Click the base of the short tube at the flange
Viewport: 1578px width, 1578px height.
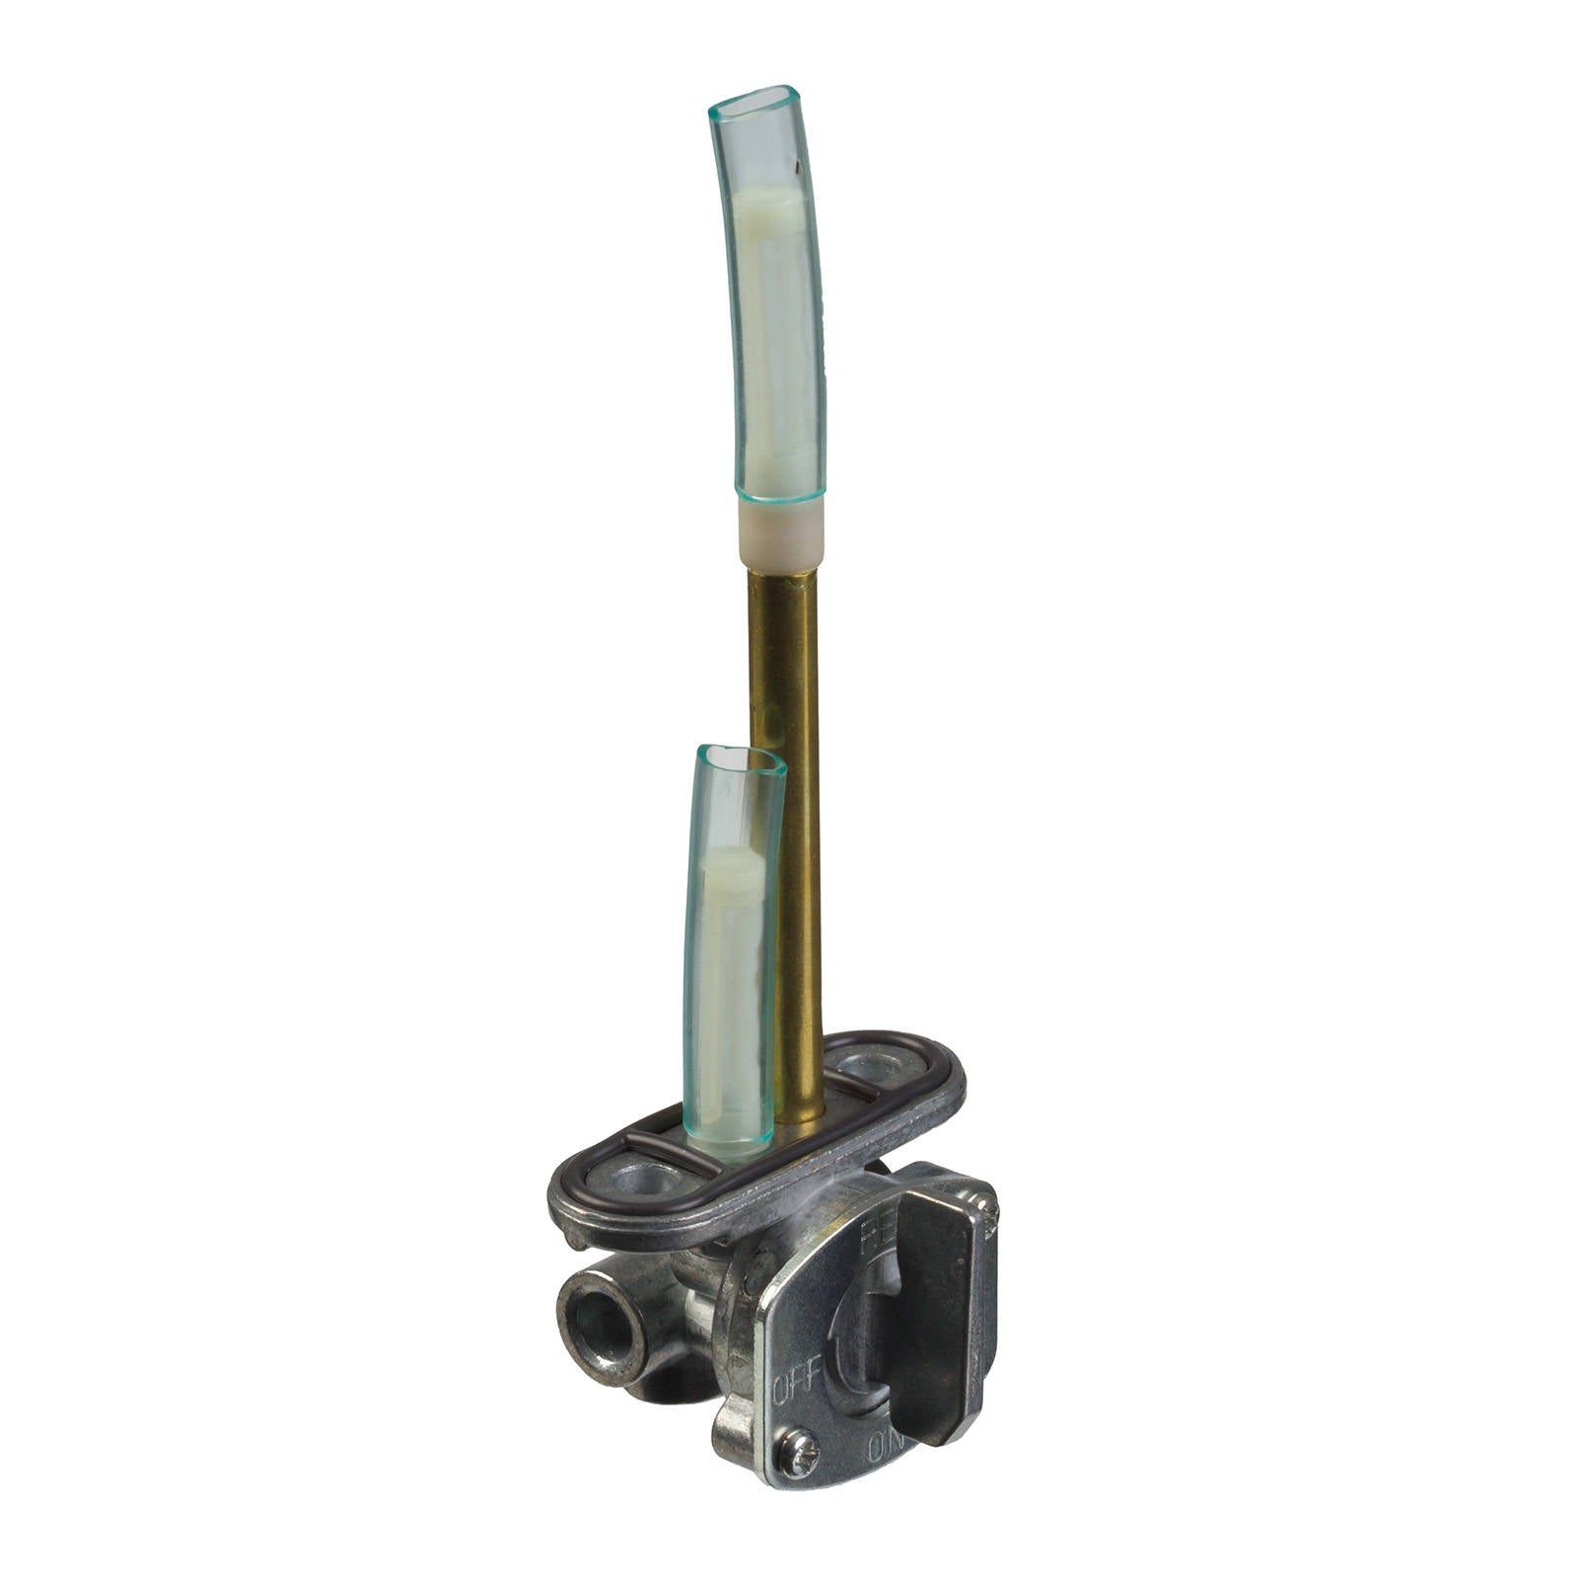tap(730, 1144)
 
